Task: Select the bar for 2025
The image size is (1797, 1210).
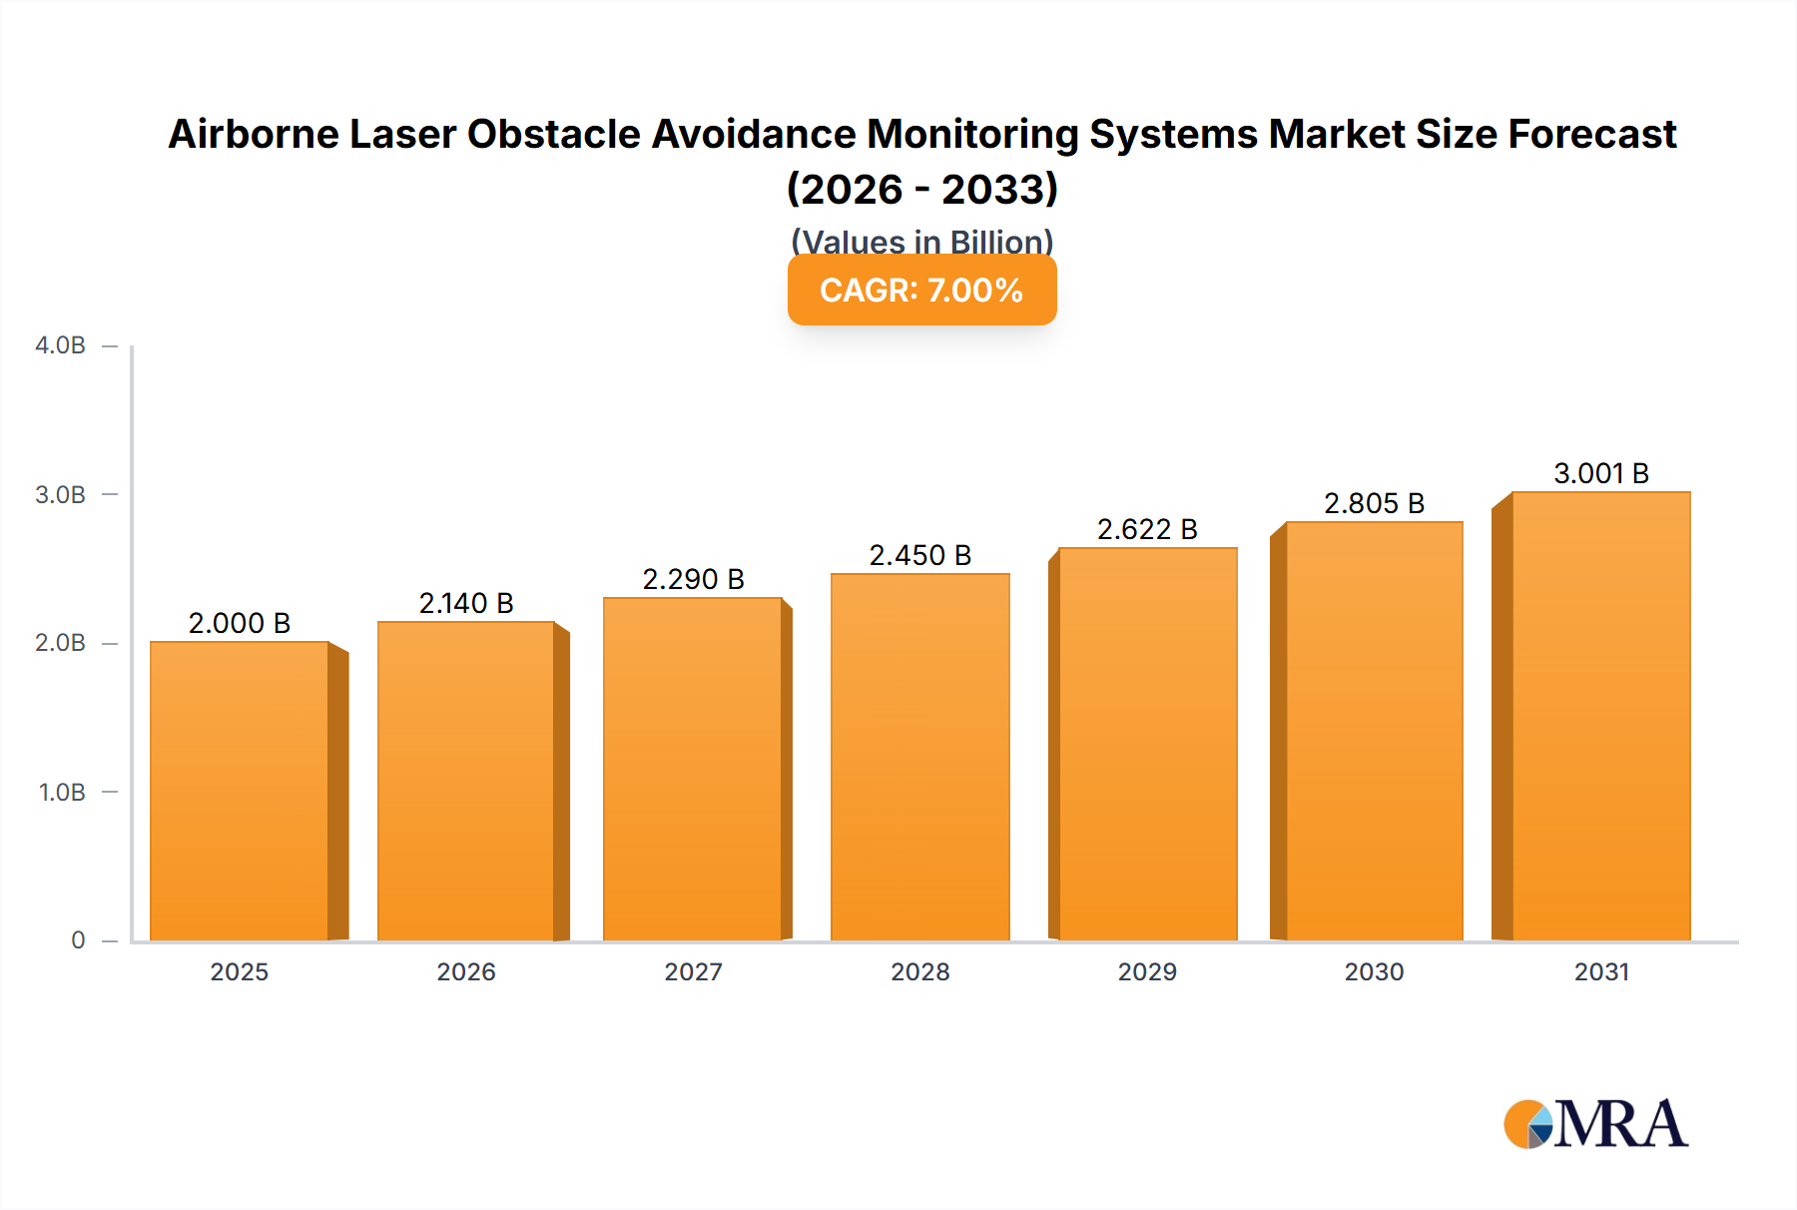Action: pos(240,791)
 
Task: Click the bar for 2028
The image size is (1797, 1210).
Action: pos(919,757)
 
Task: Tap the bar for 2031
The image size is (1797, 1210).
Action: pos(1600,716)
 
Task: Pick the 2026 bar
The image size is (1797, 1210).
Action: pos(466,781)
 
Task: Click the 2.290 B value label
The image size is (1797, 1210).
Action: pos(693,579)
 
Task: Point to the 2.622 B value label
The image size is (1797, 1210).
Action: pos(1147,529)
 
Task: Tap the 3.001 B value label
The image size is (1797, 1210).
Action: pos(1600,473)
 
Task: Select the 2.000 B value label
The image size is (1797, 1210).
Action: pos(240,623)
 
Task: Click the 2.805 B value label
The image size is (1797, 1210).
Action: pos(1374,503)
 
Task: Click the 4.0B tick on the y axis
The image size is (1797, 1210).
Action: pos(61,345)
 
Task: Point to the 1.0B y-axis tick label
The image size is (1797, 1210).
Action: pos(62,792)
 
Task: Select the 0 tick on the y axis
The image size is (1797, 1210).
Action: pos(78,939)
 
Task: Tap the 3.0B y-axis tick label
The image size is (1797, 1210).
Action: pos(61,494)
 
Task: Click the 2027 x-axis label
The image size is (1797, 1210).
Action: pos(693,971)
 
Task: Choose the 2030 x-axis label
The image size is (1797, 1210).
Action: pos(1374,971)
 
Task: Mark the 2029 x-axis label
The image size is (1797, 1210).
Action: pos(1147,971)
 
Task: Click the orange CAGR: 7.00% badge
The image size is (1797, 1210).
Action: pos(921,290)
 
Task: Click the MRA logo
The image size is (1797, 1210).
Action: pos(1594,1124)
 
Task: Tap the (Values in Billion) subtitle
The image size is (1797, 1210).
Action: pos(921,241)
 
